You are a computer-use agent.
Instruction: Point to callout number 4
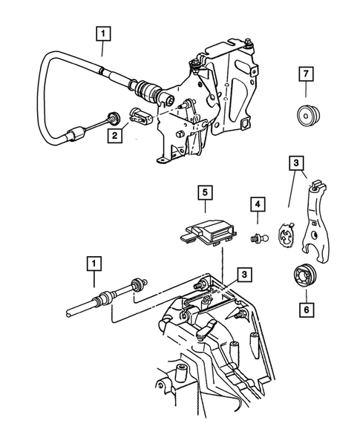click(x=256, y=202)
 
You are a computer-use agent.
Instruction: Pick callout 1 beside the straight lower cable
click(x=94, y=262)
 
